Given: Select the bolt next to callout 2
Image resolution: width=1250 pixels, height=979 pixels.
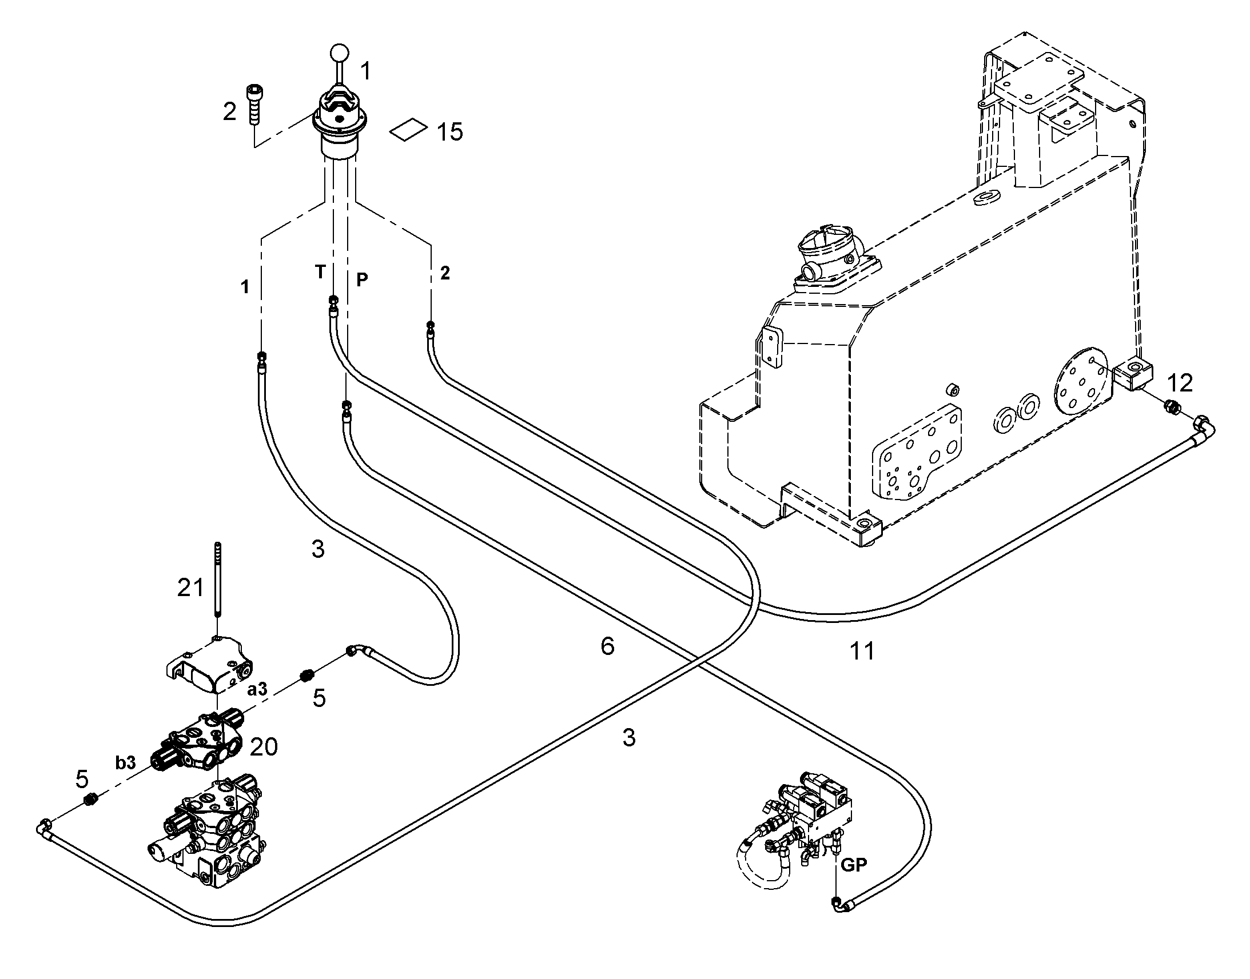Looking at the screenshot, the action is [x=253, y=104].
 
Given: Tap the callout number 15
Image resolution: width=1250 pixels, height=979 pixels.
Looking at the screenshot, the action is [x=450, y=132].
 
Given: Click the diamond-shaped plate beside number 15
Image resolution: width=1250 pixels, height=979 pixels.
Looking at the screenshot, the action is [x=408, y=130].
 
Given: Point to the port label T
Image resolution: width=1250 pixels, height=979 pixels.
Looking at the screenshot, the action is [x=320, y=271].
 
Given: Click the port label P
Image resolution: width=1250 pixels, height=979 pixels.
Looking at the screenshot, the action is [x=362, y=279].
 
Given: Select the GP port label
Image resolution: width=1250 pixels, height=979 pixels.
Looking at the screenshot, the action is [x=854, y=865].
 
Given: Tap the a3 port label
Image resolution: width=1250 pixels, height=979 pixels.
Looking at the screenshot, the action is [x=257, y=689].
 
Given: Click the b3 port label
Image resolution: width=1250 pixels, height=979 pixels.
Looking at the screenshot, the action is [x=126, y=762].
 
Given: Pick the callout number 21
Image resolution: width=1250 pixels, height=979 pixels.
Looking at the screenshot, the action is [x=190, y=588].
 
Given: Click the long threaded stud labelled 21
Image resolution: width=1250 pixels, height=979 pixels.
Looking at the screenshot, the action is [x=218, y=579].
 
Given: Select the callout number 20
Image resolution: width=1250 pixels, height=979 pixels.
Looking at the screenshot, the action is [x=264, y=746].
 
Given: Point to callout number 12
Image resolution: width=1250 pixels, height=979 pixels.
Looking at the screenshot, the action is [x=1180, y=382].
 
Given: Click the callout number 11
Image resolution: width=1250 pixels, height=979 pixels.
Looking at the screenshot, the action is [x=862, y=650].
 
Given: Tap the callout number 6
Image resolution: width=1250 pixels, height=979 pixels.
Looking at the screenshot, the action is [x=608, y=646].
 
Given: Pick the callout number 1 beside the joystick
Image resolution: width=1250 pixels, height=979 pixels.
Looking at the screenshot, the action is [x=365, y=71].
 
